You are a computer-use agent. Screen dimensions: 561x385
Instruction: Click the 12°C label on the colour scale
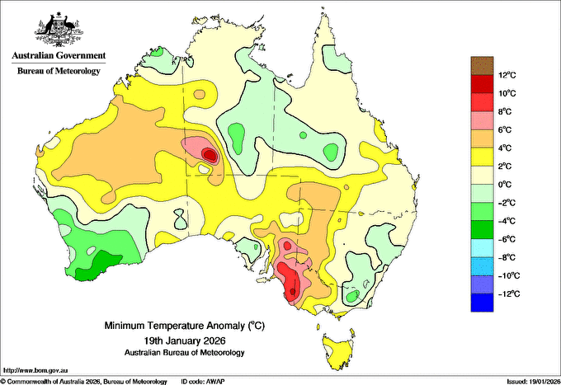pyautogui.click(x=507, y=75)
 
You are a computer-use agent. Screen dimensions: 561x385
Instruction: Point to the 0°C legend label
pyautogui.click(x=505, y=185)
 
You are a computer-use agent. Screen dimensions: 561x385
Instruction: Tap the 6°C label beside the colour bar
pyautogui.click(x=505, y=130)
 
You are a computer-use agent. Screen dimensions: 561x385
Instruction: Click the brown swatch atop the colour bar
pyautogui.click(x=482, y=66)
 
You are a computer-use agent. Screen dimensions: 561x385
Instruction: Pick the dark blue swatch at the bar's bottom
pyautogui.click(x=482, y=303)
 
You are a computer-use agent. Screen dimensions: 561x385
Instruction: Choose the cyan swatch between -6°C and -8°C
pyautogui.click(x=482, y=248)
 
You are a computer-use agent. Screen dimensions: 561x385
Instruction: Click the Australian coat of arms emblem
pyautogui.click(x=59, y=30)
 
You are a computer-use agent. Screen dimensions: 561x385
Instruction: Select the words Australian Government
pyautogui.click(x=59, y=56)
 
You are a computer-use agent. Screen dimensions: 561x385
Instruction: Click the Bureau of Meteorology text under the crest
pyautogui.click(x=59, y=71)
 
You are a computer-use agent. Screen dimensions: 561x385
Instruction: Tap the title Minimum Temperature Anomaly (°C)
pyautogui.click(x=184, y=326)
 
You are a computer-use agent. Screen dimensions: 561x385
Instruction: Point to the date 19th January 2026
pyautogui.click(x=185, y=340)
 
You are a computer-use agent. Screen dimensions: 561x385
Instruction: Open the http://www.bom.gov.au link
pyautogui.click(x=35, y=370)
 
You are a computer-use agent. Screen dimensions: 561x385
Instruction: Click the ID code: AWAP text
pyautogui.click(x=203, y=382)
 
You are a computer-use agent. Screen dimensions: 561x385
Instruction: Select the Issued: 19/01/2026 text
pyautogui.click(x=533, y=382)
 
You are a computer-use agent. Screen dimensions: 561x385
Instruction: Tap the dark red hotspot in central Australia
pyautogui.click(x=210, y=155)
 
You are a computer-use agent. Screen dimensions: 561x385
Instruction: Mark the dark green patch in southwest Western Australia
pyautogui.click(x=98, y=265)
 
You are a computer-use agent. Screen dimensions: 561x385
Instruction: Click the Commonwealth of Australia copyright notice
pyautogui.click(x=84, y=382)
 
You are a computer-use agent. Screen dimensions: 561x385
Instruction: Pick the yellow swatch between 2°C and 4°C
pyautogui.click(x=482, y=157)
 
